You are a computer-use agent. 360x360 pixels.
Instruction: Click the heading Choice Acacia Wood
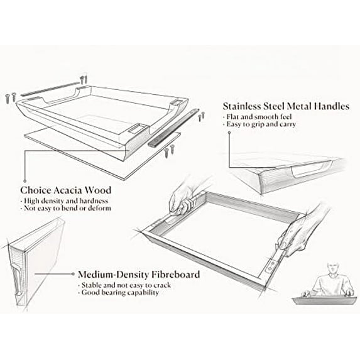coord(66,190)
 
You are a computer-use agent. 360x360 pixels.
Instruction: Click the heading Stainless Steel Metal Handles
coord(286,106)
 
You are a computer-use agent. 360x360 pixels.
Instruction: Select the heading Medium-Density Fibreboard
coord(139,275)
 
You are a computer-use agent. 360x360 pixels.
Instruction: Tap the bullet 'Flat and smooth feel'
coord(257,117)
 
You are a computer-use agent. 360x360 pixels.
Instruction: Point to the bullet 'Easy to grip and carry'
coord(259,124)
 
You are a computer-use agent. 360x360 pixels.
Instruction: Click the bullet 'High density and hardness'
coord(64,201)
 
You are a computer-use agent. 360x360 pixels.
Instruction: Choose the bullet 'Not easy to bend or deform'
coord(66,208)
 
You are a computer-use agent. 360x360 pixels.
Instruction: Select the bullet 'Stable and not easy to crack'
coord(124,285)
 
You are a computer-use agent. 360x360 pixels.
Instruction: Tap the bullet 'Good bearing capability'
coord(119,293)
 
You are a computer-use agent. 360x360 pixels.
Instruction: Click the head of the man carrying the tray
coord(332,268)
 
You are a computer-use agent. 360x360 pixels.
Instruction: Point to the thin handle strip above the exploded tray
coord(50,89)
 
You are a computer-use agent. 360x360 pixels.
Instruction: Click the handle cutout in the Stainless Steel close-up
coord(312,170)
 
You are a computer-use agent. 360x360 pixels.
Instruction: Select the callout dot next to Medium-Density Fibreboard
coord(73,274)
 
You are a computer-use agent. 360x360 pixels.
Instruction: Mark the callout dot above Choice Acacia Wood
coord(25,181)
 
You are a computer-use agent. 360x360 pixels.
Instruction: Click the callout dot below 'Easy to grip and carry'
coord(229,133)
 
